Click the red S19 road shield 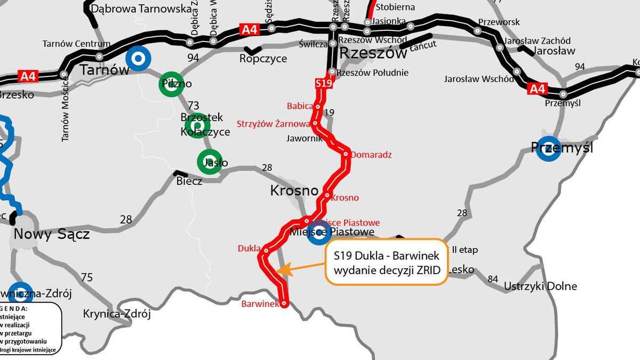tap(324, 83)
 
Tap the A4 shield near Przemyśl tap(537, 89)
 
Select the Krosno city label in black tap(294, 190)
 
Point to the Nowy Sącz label tap(51, 234)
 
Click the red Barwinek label tap(260, 304)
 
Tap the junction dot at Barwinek tap(284, 303)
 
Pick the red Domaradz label tap(372, 155)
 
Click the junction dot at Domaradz tap(346, 155)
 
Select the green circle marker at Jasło tap(209, 162)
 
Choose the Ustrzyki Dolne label tap(541, 286)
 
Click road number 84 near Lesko tap(493, 278)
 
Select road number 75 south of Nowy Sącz tap(87, 277)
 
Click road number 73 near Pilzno tap(193, 105)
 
